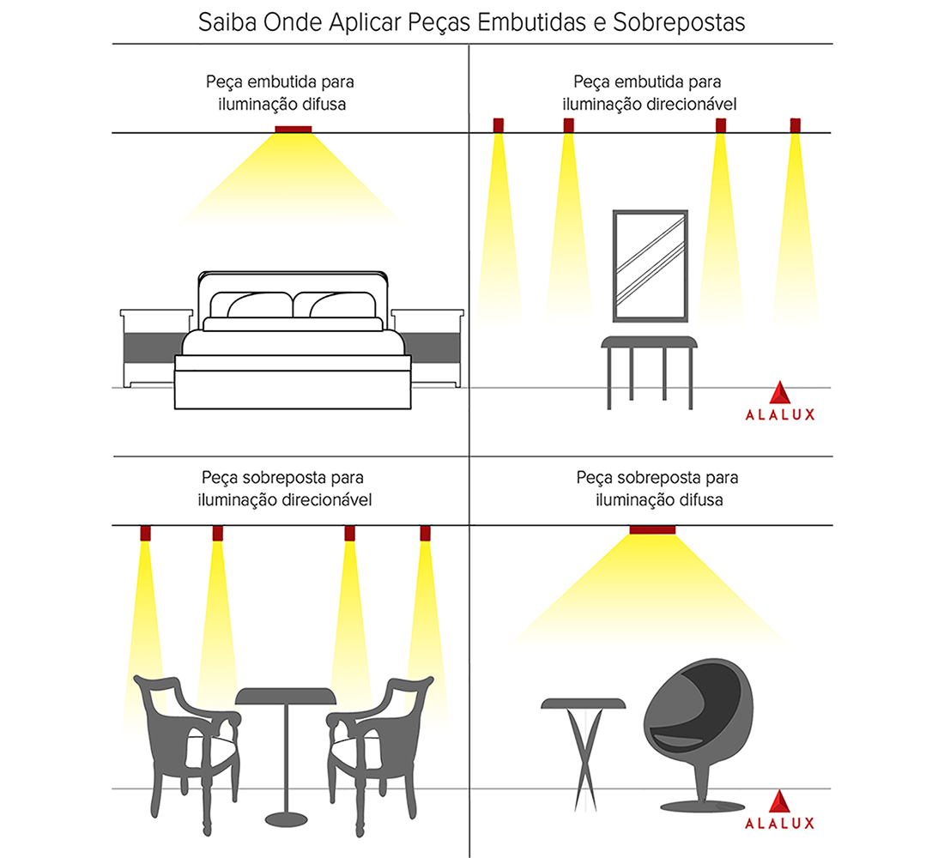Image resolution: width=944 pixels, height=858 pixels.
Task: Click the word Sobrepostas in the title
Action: point(679,21)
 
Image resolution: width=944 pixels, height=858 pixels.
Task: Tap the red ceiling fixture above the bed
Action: point(293,130)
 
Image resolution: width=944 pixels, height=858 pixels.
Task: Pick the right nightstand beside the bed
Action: point(429,347)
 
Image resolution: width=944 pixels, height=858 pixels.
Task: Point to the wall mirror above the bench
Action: point(651,263)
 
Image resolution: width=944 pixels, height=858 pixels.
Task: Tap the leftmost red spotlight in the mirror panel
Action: point(499,125)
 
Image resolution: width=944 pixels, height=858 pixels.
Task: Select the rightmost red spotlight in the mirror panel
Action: point(796,125)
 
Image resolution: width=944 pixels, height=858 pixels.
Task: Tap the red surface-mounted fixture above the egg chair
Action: point(652,529)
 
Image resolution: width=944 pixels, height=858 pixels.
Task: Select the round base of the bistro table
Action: point(283,815)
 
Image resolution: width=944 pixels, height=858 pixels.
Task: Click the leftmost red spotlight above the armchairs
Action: point(146,534)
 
